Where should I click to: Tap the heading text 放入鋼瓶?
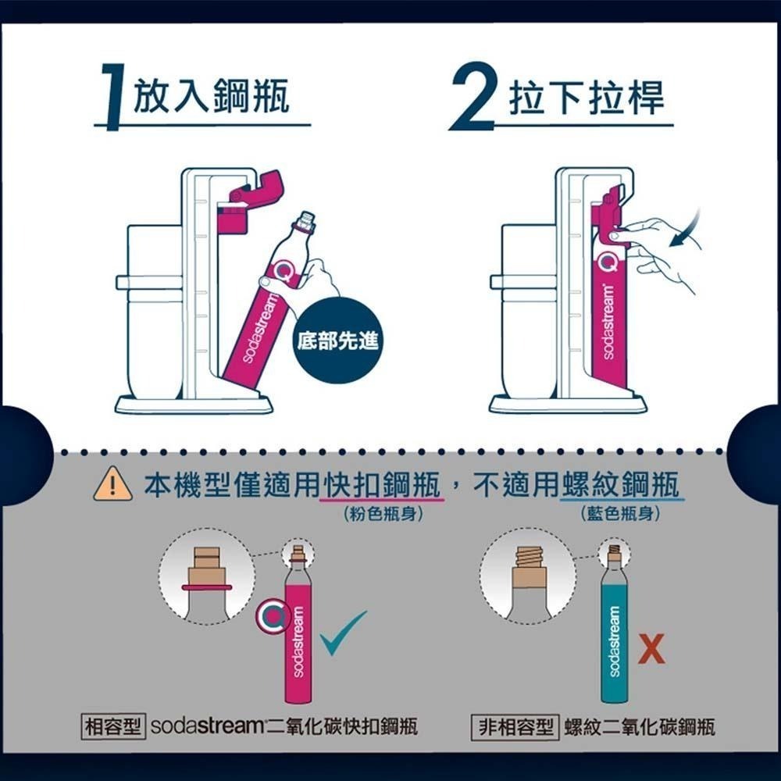[211, 97]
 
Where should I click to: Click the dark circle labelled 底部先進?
[334, 341]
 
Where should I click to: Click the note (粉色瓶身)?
[378, 515]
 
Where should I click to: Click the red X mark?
[651, 650]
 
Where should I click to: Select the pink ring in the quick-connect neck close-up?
[206, 587]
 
